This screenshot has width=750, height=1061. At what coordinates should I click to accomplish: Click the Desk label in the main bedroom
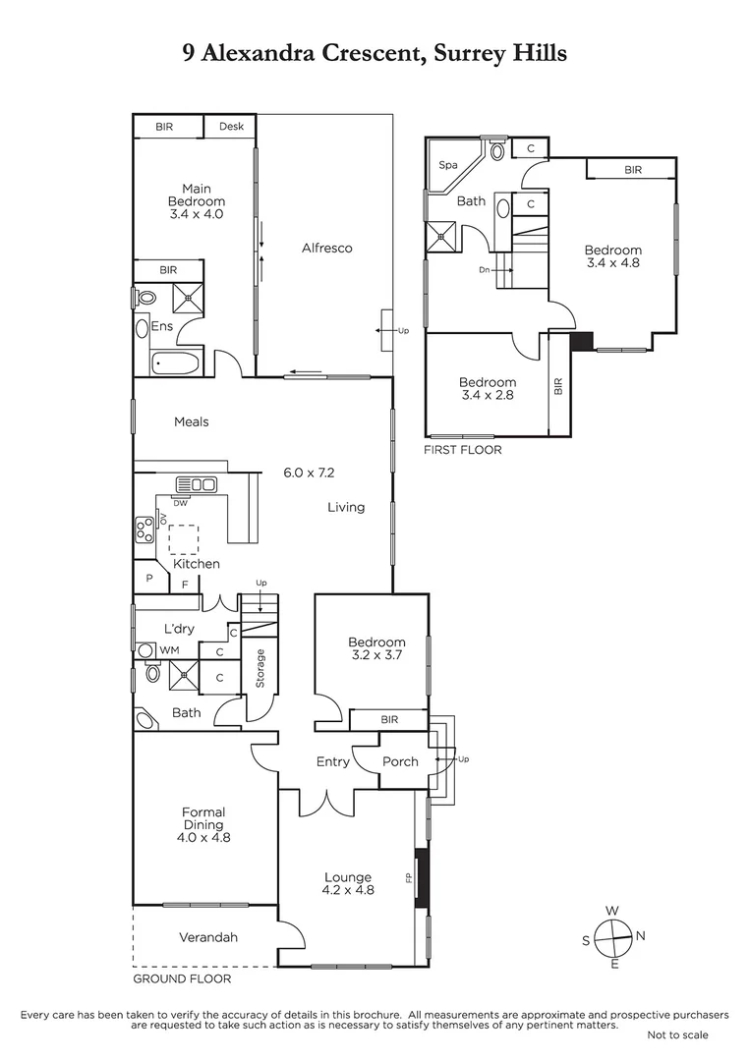tap(231, 127)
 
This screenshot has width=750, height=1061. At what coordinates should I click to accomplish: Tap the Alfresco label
tap(326, 249)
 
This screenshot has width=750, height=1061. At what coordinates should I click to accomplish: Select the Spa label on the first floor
tap(448, 166)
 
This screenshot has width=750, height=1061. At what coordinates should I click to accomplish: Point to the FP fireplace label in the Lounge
tap(408, 876)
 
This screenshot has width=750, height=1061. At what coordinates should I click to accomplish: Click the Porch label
tap(400, 761)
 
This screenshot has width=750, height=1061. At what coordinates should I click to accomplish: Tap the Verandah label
tap(208, 937)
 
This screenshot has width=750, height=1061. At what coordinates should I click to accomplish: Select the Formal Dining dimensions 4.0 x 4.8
tap(203, 838)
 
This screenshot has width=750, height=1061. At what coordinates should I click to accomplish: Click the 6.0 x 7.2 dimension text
tap(310, 473)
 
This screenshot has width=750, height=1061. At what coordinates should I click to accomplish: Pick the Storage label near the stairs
tap(260, 668)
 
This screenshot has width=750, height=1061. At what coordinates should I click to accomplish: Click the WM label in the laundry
tap(169, 650)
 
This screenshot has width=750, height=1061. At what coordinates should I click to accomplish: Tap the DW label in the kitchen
tap(180, 503)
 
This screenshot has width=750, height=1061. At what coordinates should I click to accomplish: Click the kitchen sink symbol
tap(196, 484)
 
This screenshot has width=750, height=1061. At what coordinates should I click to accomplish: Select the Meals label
tap(191, 422)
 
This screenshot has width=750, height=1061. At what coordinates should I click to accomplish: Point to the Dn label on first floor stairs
tap(484, 269)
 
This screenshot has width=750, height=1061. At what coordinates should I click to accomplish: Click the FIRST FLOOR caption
tap(462, 450)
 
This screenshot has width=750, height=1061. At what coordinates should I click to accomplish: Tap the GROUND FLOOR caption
tap(182, 979)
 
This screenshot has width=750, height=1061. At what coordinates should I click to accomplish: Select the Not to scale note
tap(677, 1034)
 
